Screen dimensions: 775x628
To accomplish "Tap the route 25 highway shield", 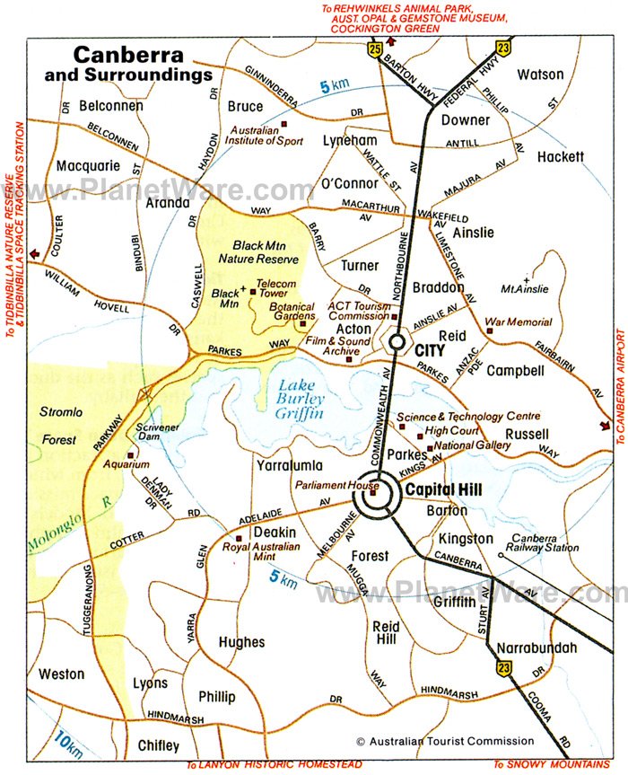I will coord(373,50).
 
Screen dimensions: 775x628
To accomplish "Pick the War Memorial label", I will coord(518,321).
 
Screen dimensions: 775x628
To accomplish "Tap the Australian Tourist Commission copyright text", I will coord(445,741).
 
